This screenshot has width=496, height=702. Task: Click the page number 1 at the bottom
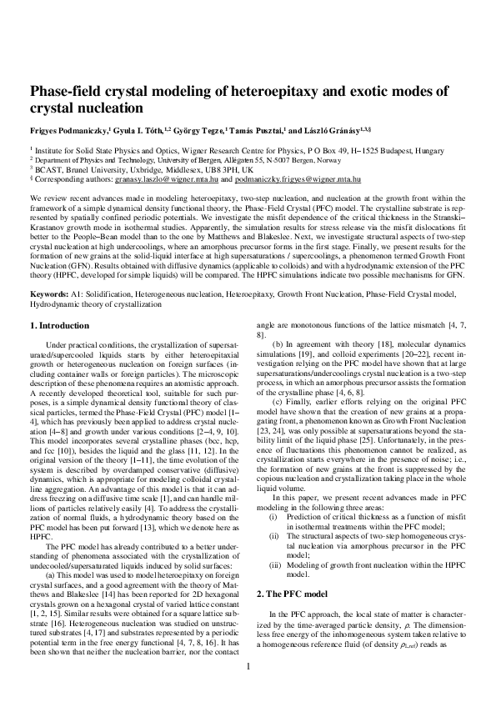click(x=248, y=666)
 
